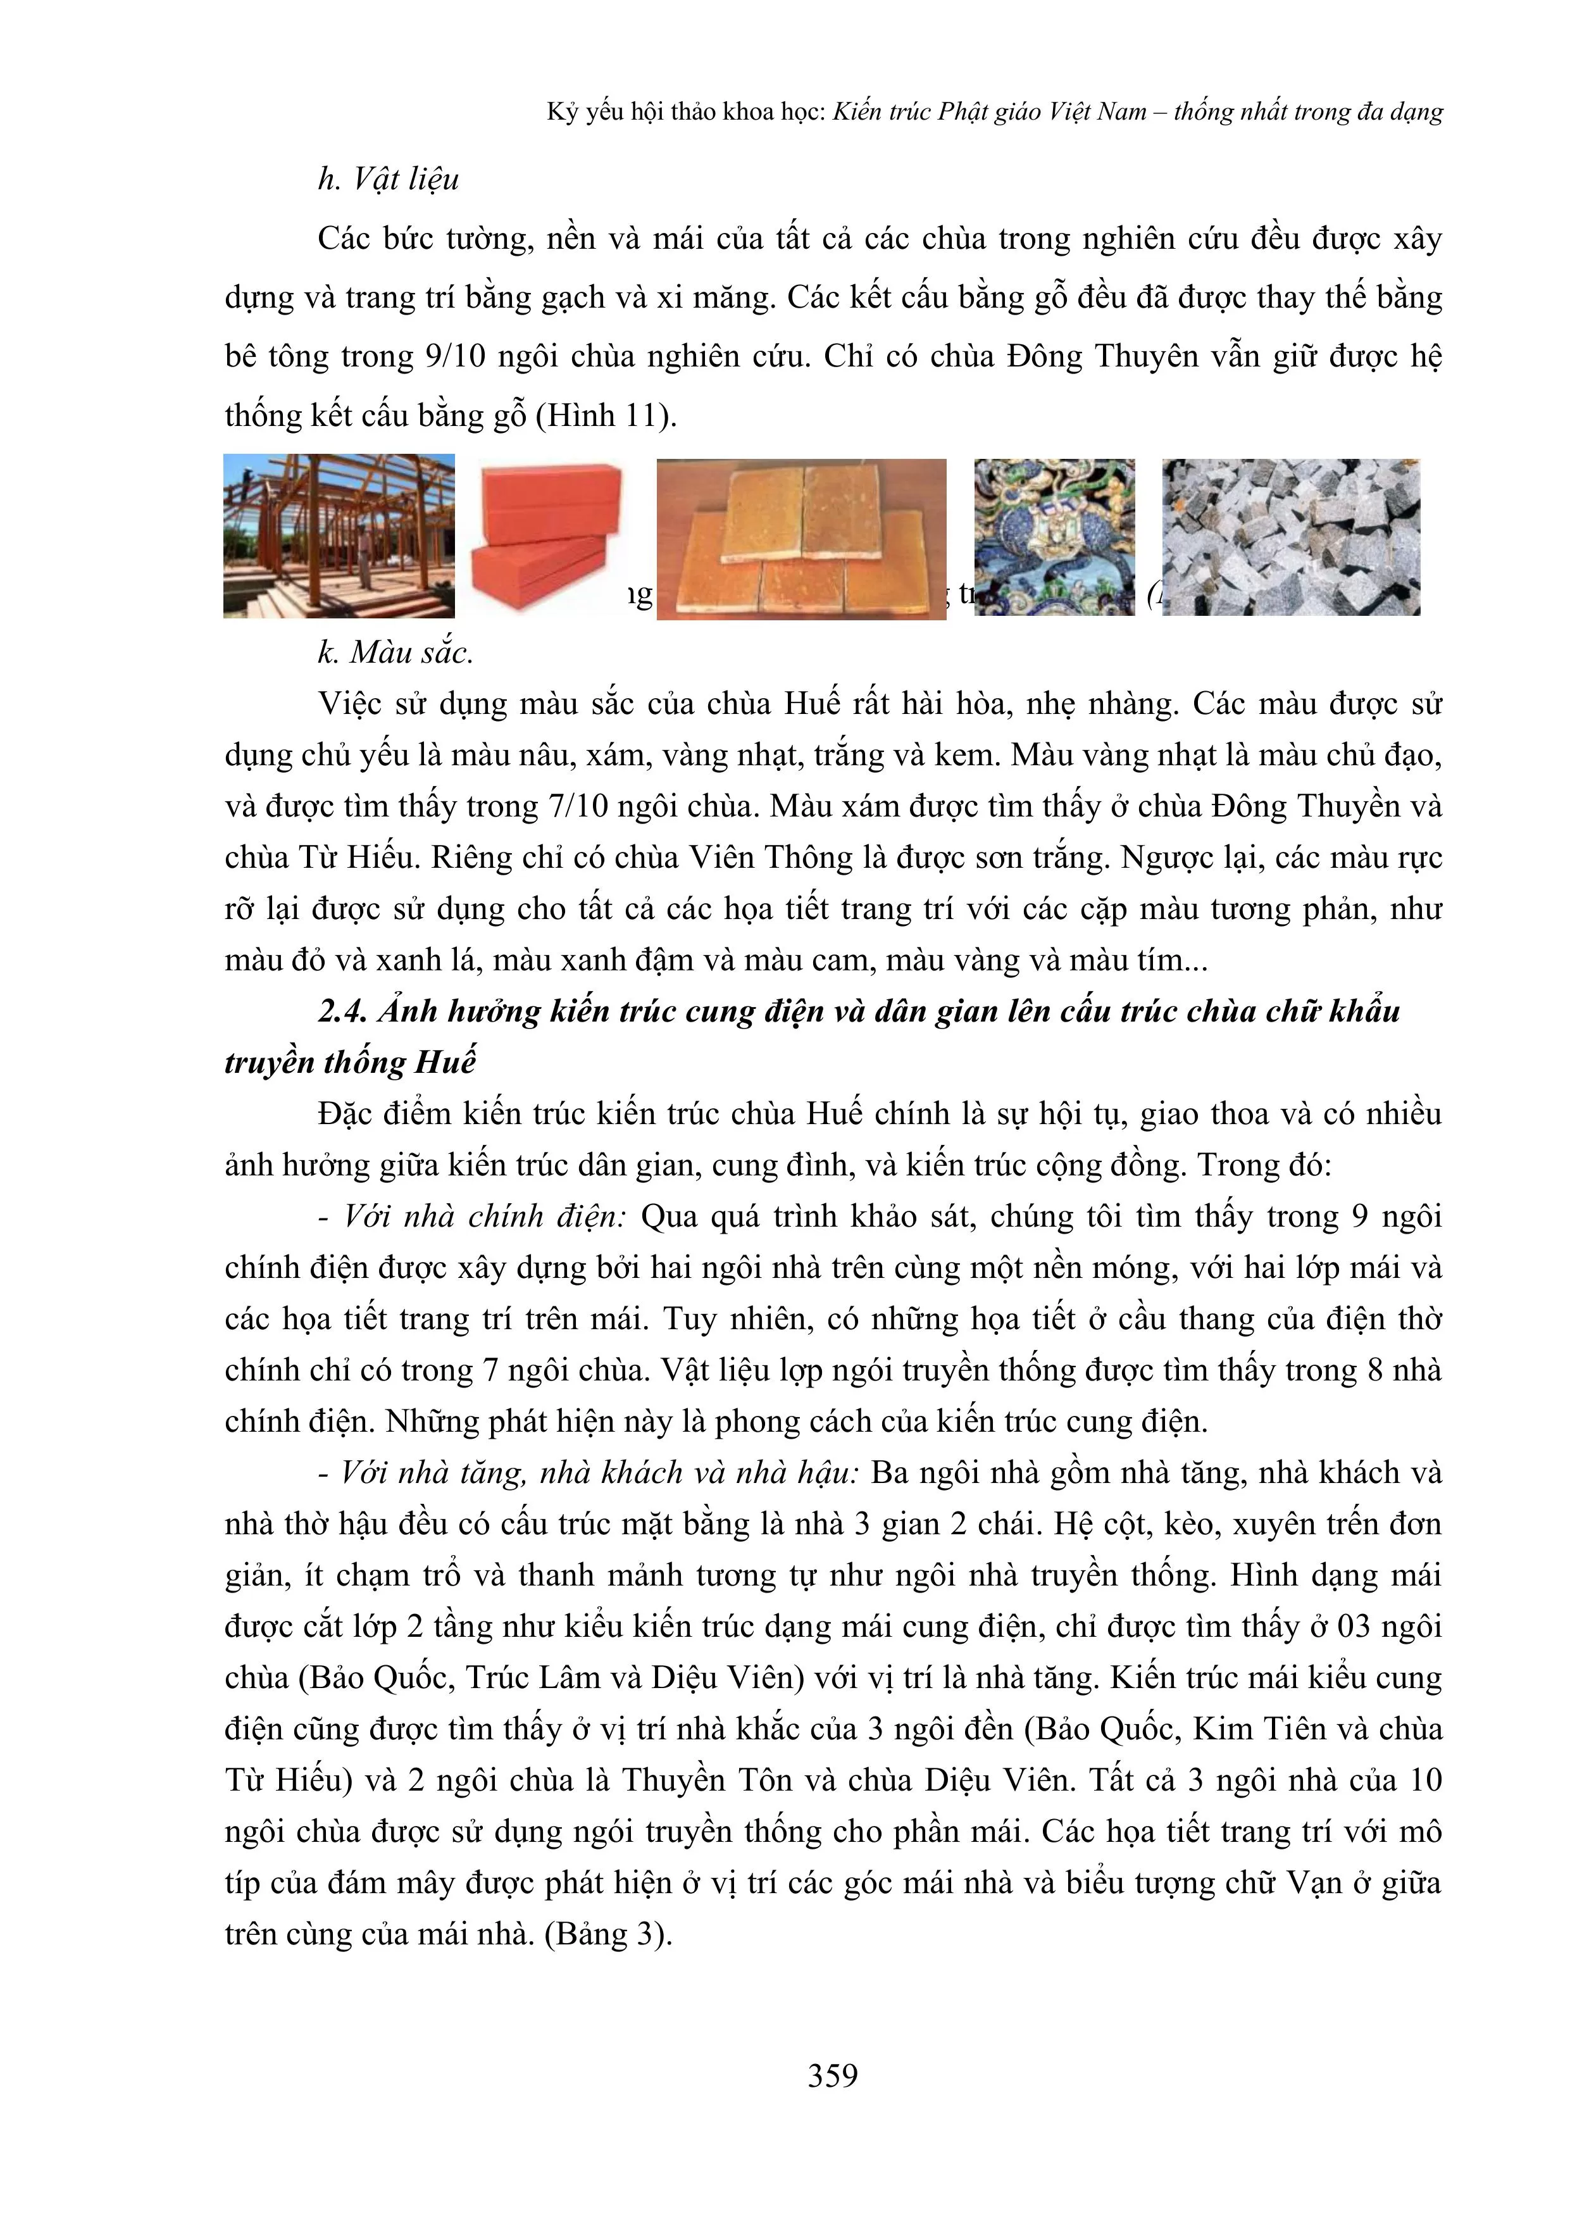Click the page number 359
(x=832, y=2074)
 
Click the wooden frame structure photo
(x=339, y=536)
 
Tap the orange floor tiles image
(x=801, y=539)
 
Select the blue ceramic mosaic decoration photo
(x=1054, y=537)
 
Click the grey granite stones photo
(x=1292, y=537)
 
